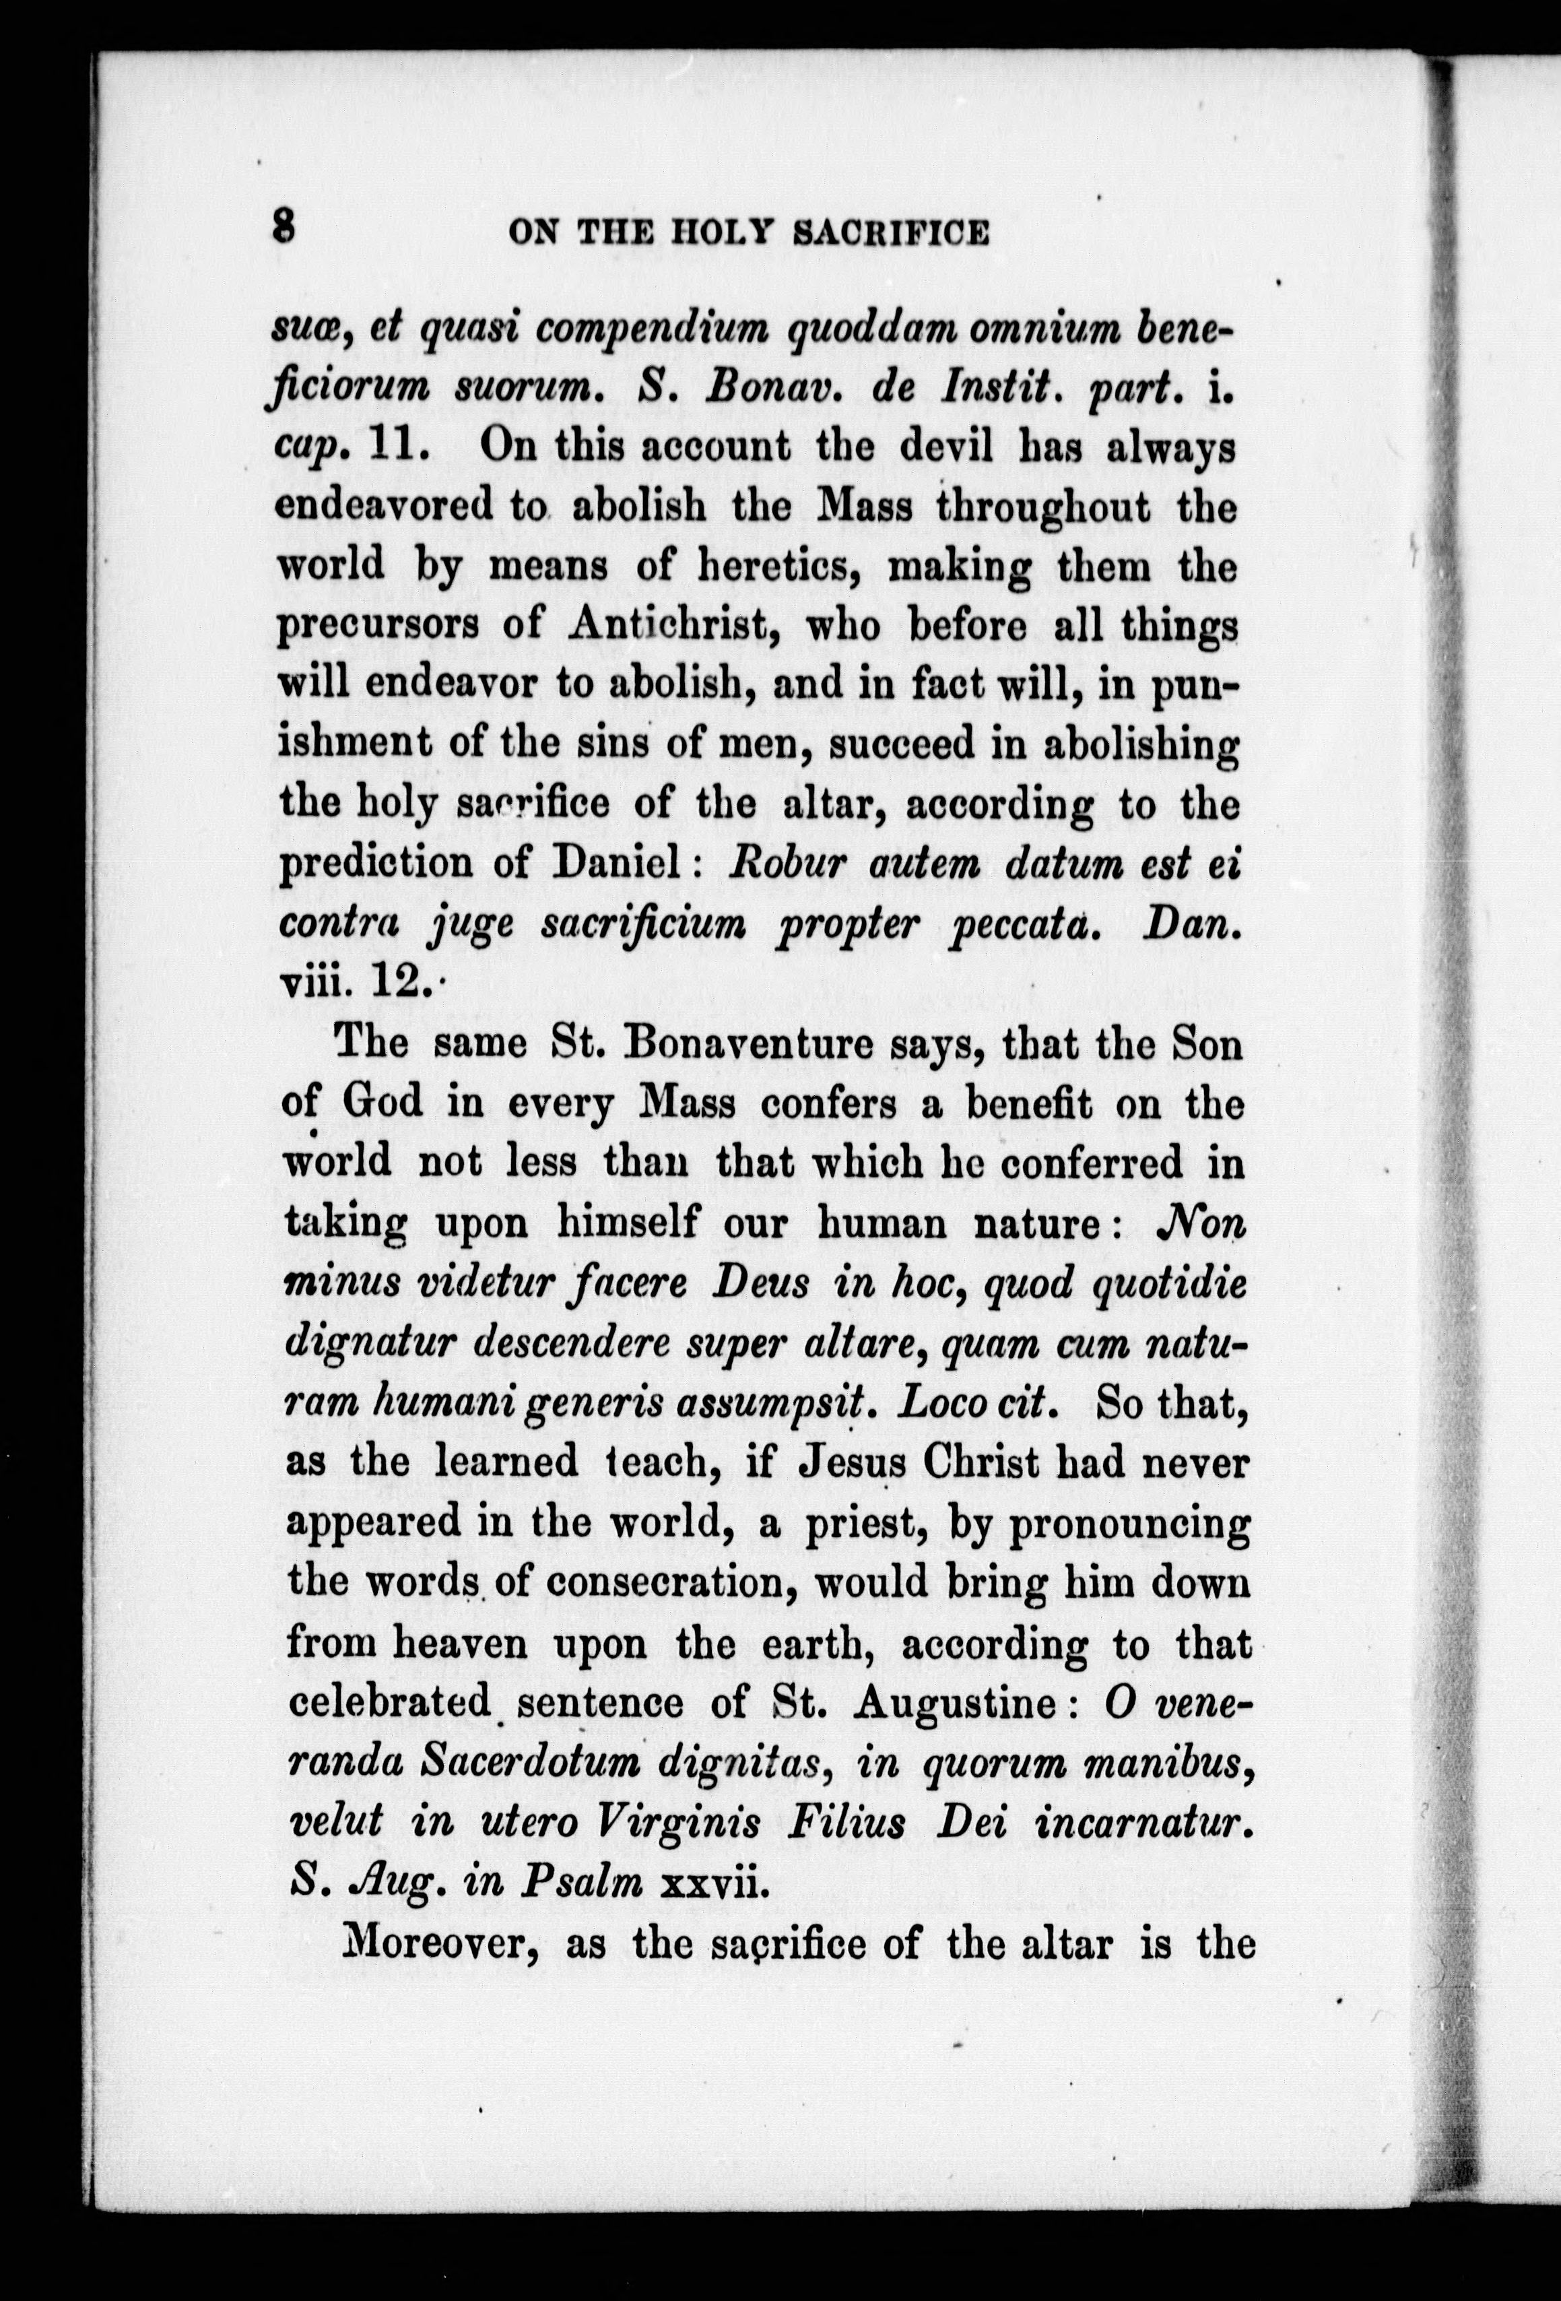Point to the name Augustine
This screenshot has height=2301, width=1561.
(x=953, y=1703)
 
